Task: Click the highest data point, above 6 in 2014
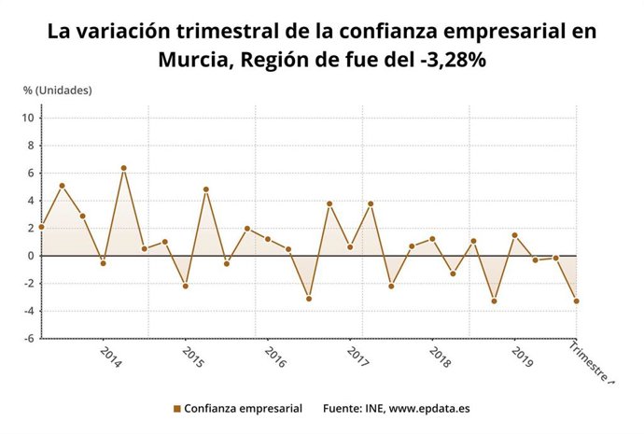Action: (123, 168)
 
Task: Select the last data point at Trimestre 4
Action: (577, 301)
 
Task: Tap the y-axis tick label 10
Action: (29, 118)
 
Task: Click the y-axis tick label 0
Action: (30, 256)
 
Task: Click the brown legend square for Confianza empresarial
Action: (176, 409)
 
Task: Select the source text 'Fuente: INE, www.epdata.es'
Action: (396, 409)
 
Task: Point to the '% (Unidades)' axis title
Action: (58, 90)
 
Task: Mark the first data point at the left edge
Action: (41, 227)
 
